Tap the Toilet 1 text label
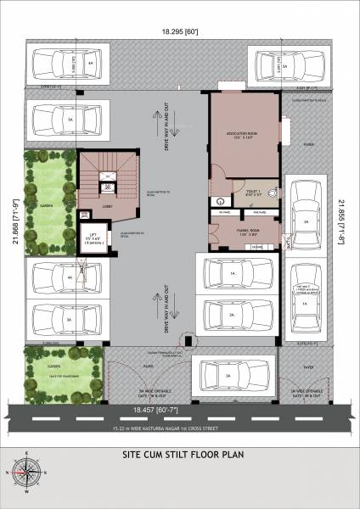click(x=253, y=193)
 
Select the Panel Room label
click(x=247, y=229)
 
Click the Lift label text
click(x=89, y=237)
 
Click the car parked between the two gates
click(x=228, y=374)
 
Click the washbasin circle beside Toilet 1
click(x=219, y=202)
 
